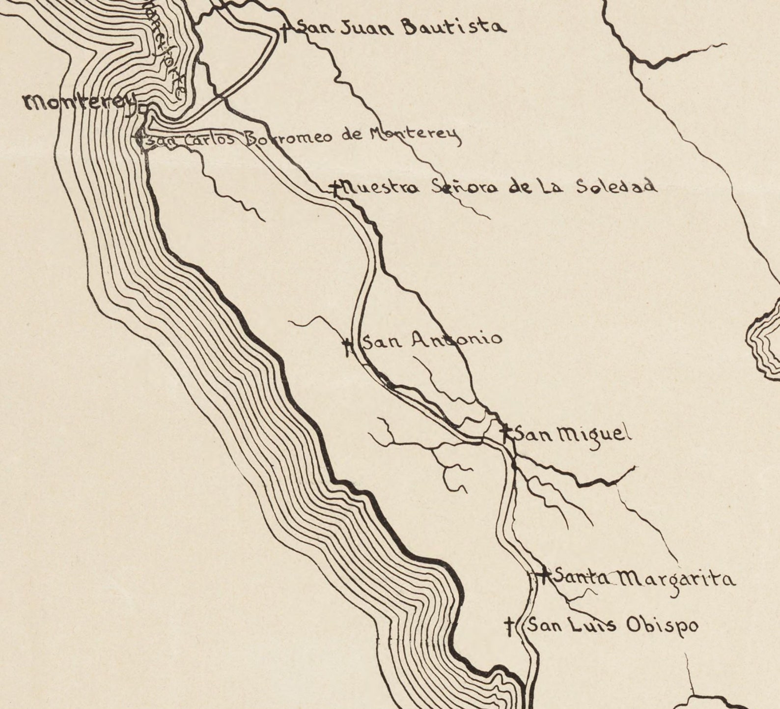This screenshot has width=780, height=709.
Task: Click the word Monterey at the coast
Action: click(x=79, y=103)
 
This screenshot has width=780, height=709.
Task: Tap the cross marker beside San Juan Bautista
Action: click(x=285, y=31)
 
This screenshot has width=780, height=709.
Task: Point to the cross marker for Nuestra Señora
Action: click(x=335, y=188)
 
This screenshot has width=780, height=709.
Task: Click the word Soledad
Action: click(x=616, y=186)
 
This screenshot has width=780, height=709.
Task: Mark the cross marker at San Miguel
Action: click(x=506, y=433)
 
